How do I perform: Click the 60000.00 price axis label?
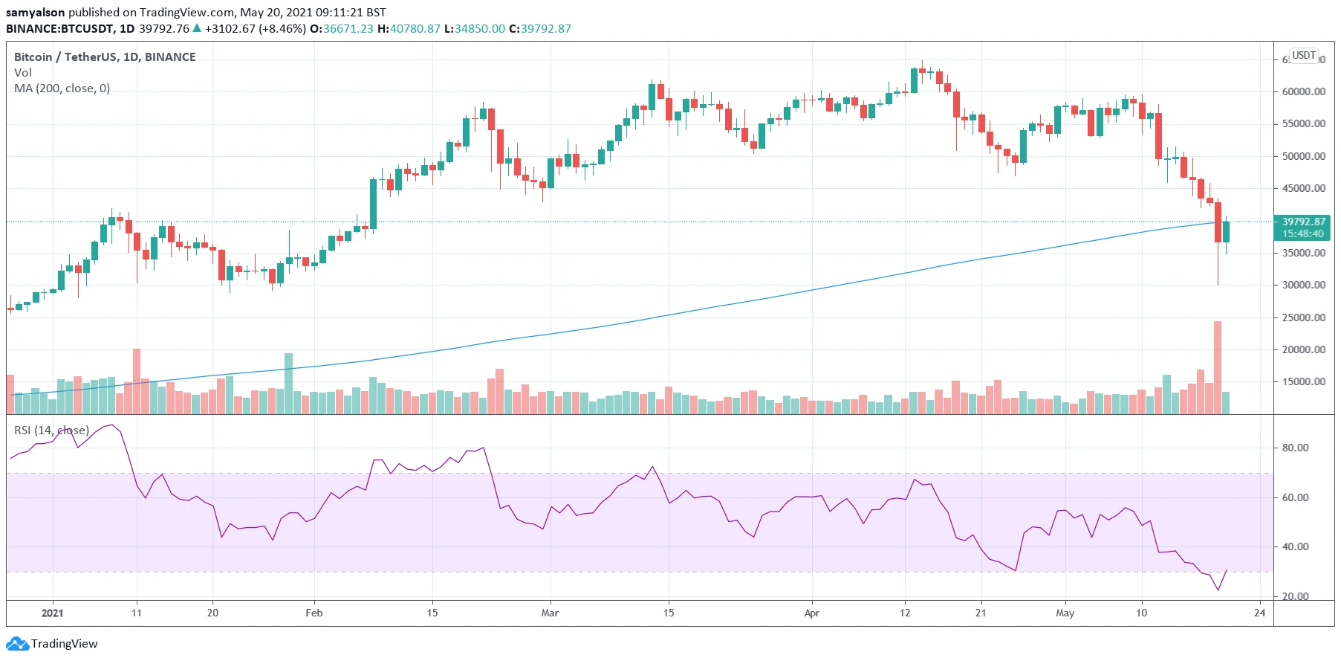coord(1303,91)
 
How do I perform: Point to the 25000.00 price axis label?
coord(1303,317)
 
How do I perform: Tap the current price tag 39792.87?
coord(1303,222)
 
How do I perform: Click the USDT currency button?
coord(1304,56)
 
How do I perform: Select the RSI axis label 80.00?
coord(1296,448)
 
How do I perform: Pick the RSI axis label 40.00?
coord(1296,546)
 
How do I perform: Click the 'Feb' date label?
coord(314,613)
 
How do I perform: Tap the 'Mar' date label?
coord(550,613)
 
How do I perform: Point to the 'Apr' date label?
coord(811,613)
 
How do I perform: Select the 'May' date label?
coord(1065,613)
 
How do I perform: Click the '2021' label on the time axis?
coord(52,613)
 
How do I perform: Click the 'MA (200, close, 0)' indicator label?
coord(62,88)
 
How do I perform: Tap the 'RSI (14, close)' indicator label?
coord(51,431)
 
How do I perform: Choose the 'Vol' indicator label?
coord(23,73)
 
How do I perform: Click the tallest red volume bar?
coord(1218,367)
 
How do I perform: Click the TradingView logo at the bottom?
coord(52,644)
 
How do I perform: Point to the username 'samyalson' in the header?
coord(36,13)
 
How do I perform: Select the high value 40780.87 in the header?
coord(415,29)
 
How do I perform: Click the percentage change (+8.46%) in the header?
coord(282,29)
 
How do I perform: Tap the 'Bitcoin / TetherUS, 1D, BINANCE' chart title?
coord(105,57)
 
